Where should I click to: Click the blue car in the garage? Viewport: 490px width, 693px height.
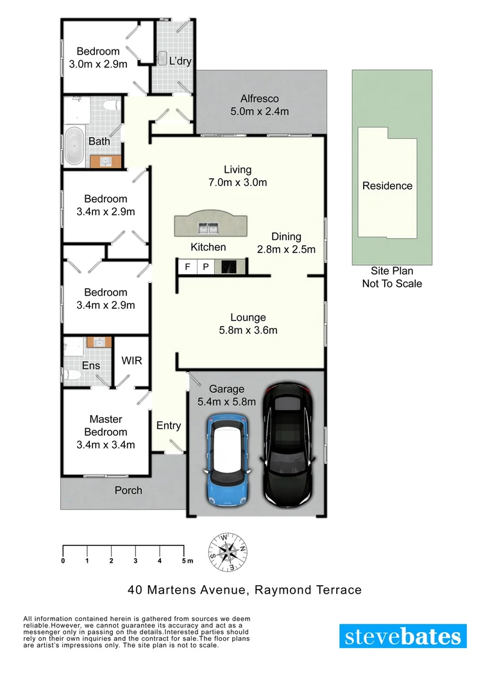(228, 459)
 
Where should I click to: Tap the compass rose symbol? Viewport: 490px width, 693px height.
(228, 552)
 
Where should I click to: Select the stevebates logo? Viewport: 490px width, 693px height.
(403, 636)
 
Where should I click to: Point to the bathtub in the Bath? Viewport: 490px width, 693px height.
(74, 146)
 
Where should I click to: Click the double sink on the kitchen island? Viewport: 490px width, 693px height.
(208, 228)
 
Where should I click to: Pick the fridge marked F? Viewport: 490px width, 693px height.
(187, 266)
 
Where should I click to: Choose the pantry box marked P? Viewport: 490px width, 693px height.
(205, 266)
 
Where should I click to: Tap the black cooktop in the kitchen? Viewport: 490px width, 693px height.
(229, 266)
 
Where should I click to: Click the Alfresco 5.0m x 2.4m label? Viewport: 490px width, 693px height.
(259, 105)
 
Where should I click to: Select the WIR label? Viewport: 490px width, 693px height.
(131, 361)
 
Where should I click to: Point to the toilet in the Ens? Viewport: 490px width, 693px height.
(71, 375)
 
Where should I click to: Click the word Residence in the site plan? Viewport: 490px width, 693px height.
(387, 185)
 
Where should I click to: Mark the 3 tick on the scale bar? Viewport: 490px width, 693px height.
(135, 552)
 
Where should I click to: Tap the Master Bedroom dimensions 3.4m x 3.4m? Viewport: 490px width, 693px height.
(106, 445)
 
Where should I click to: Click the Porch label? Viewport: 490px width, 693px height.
(128, 491)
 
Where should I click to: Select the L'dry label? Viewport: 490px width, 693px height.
(180, 61)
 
